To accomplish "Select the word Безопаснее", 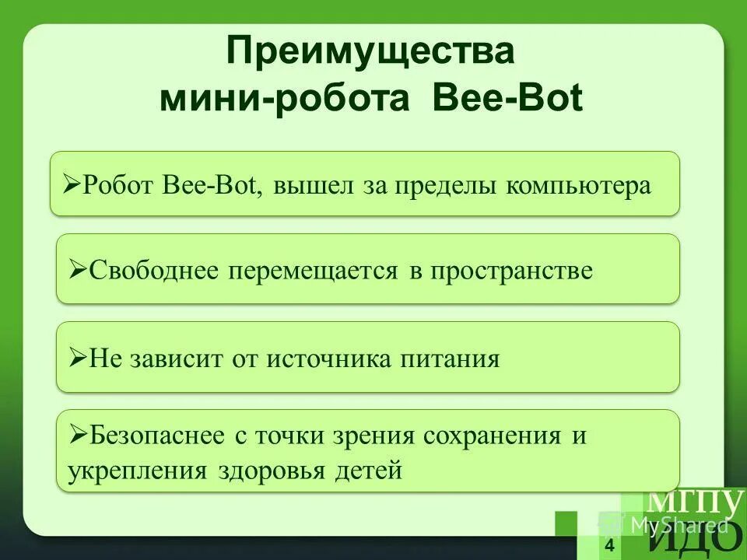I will point(159,436).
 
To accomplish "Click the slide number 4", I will point(608,545).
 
